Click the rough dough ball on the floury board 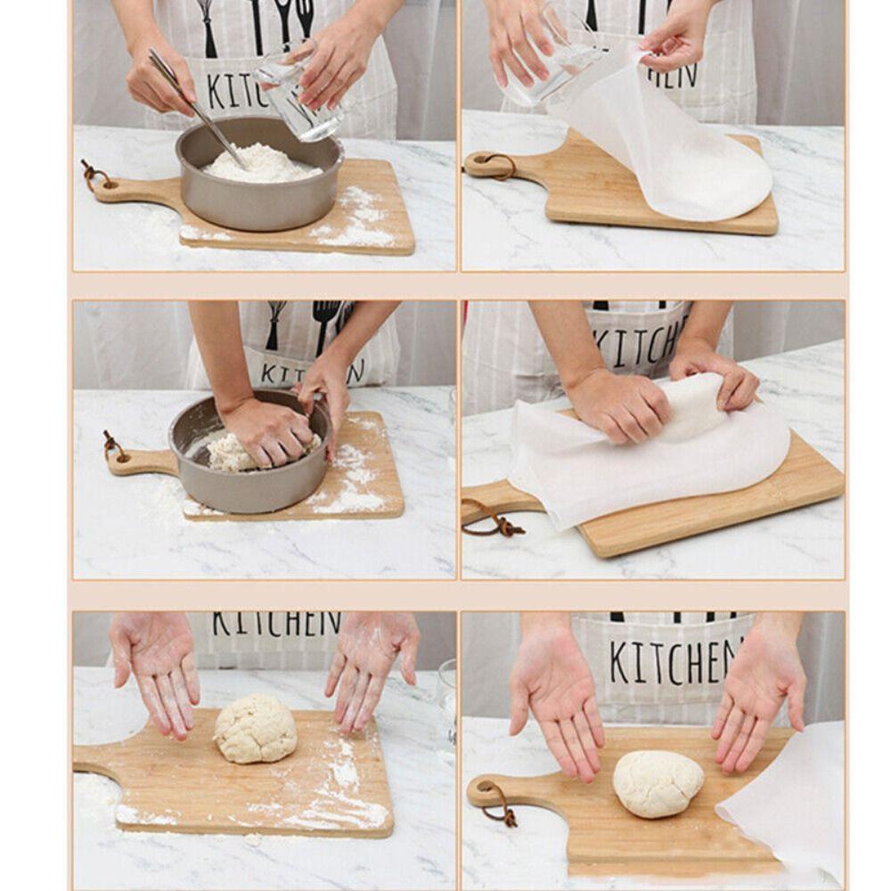click(255, 729)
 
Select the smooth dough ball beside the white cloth click(658, 783)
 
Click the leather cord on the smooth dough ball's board click(497, 803)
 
